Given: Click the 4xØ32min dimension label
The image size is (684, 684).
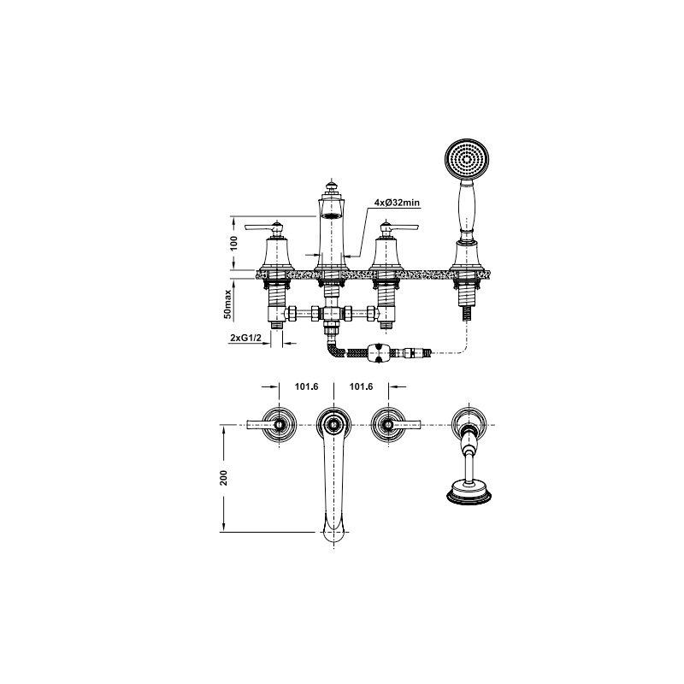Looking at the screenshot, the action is [x=397, y=203].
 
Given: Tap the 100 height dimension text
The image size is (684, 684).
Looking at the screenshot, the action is [x=234, y=243].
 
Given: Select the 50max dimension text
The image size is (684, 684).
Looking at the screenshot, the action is [x=228, y=304].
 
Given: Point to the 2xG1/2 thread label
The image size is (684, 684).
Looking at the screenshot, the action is [x=245, y=338].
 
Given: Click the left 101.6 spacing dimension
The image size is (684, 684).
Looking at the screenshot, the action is [x=306, y=386].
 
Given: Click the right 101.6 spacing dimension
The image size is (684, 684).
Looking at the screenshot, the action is [x=361, y=386].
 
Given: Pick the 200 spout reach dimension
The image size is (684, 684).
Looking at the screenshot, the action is [x=224, y=478].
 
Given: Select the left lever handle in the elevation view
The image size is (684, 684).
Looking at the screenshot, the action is [x=262, y=227].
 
